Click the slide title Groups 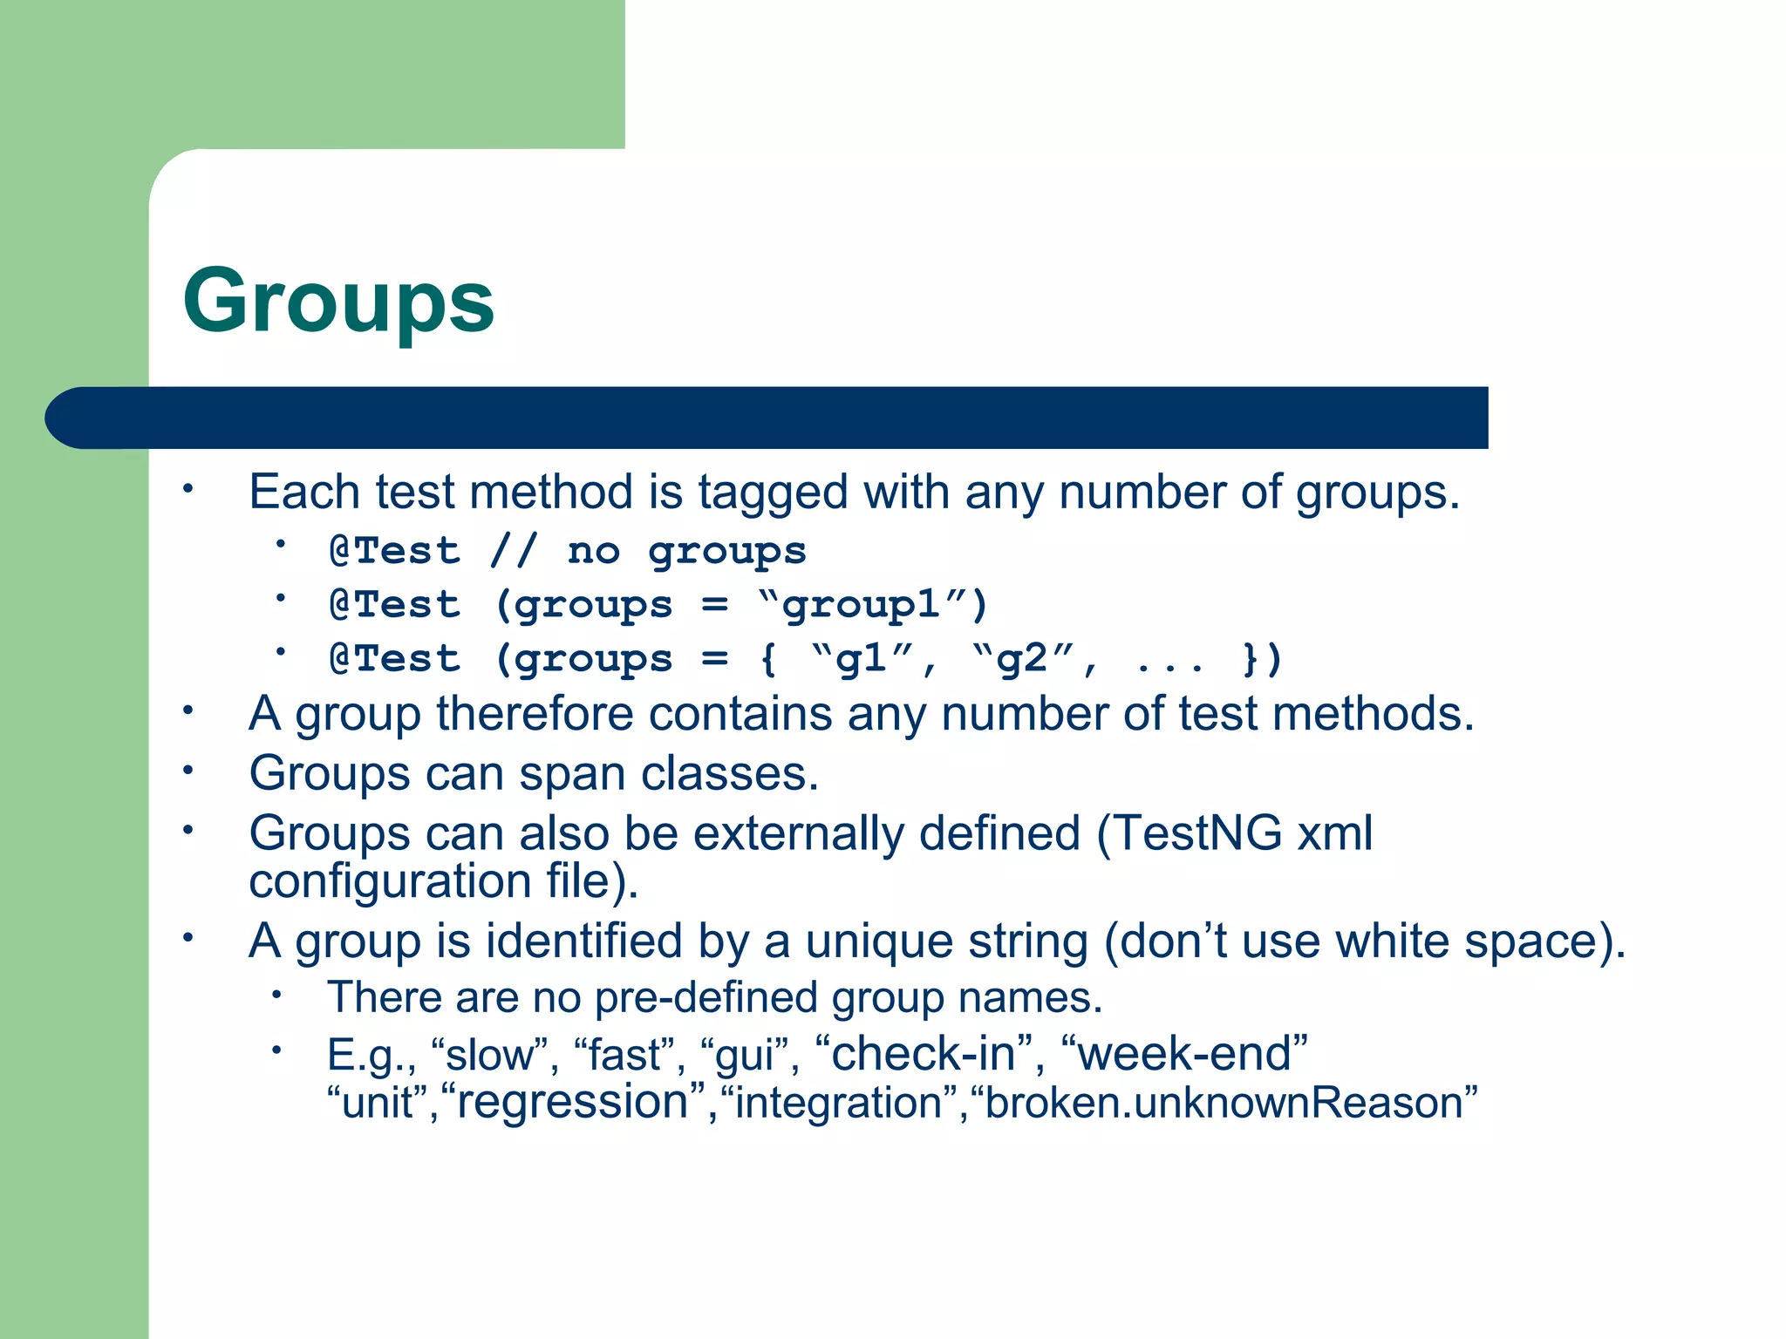(x=338, y=301)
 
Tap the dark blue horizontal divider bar (x=767, y=418)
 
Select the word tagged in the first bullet (x=772, y=493)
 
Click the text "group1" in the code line (x=861, y=604)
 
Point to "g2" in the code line (x=1021, y=658)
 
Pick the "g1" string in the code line (x=861, y=658)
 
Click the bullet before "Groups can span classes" (x=187, y=770)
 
